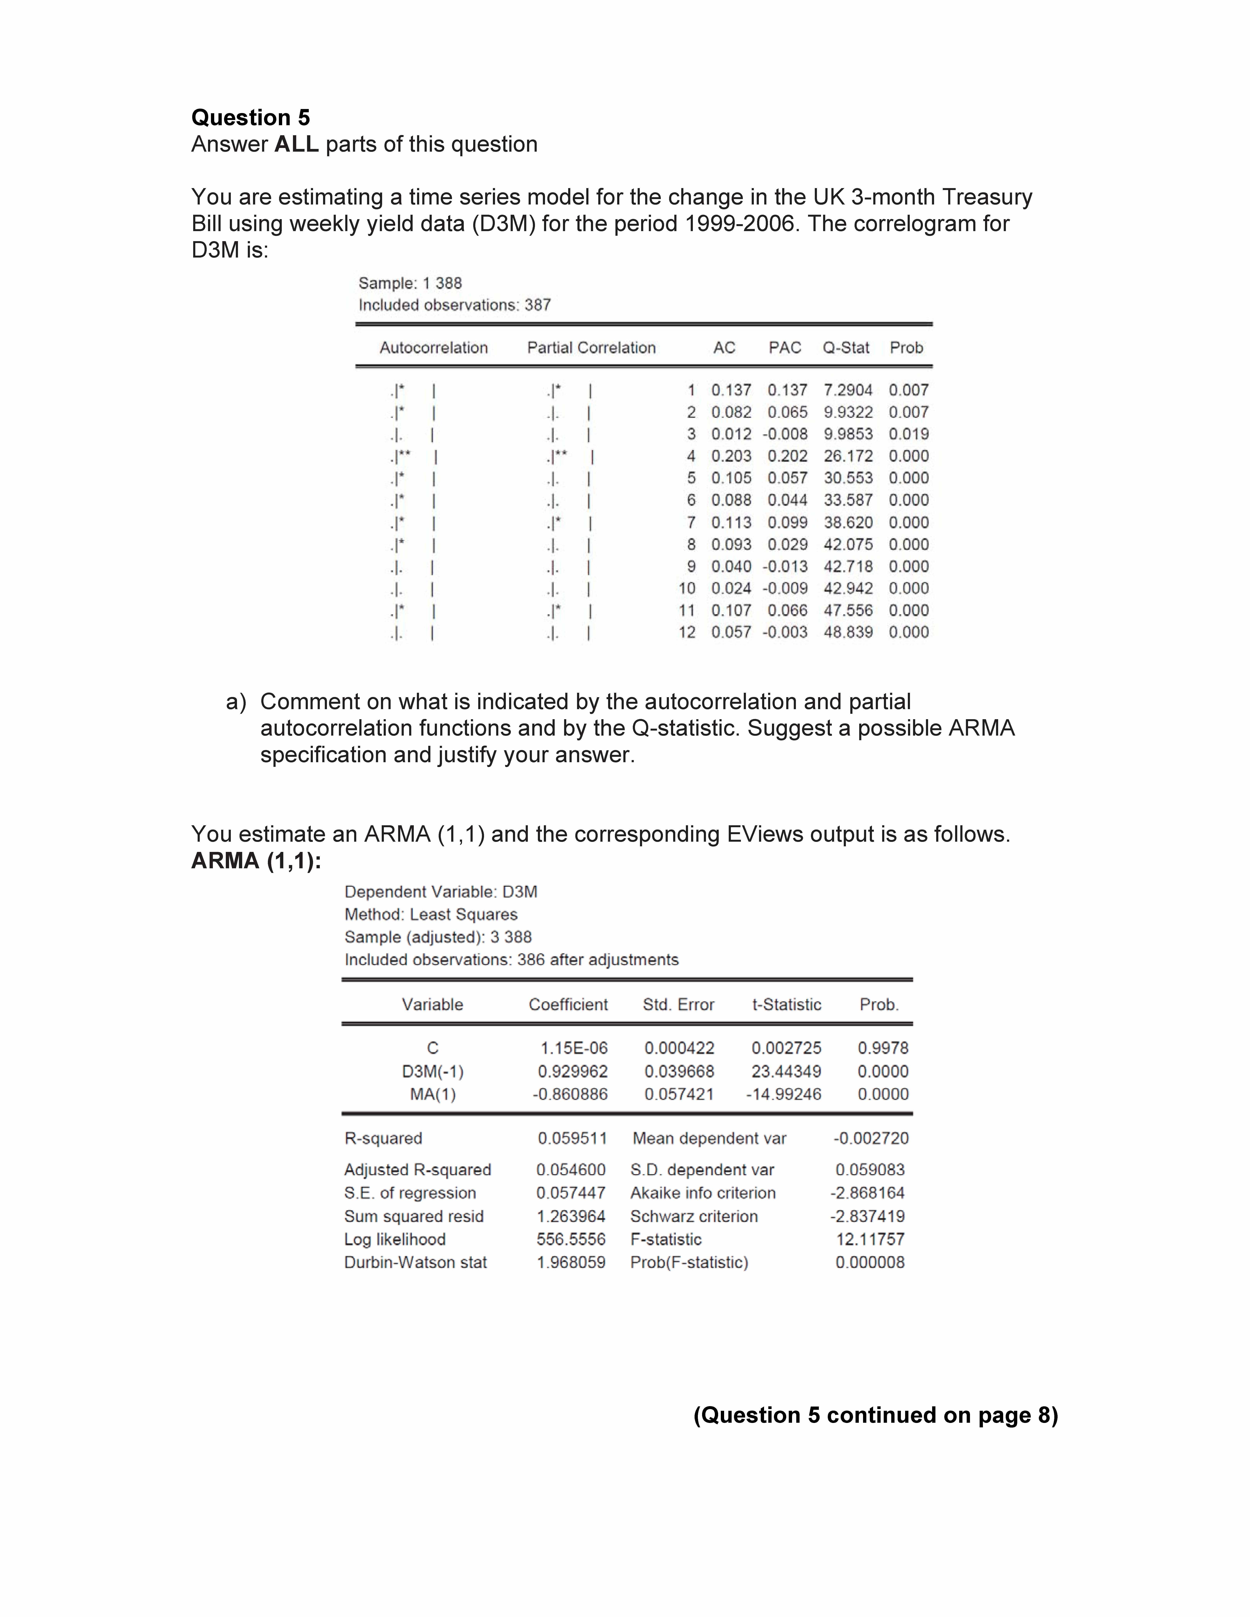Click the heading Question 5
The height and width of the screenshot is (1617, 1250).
250,118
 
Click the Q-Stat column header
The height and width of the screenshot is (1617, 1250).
846,348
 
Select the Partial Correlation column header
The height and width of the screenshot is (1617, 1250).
591,348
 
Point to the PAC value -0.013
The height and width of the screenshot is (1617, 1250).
785,566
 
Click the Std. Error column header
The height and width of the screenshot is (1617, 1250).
678,1005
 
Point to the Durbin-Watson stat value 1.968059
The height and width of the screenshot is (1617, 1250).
571,1262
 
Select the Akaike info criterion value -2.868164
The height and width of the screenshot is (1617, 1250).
867,1193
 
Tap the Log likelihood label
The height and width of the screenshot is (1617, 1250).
395,1239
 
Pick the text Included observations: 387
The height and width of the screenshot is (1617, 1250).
455,305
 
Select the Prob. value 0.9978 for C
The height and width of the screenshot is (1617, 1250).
883,1048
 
